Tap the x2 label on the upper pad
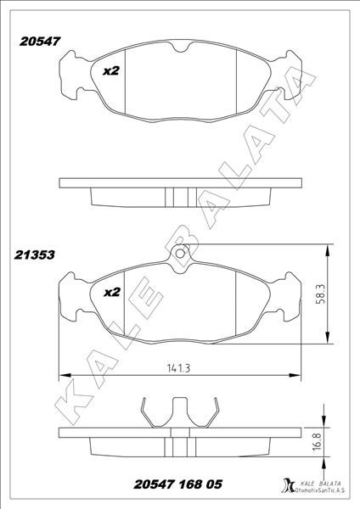pos(110,71)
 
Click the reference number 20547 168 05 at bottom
pos(178,484)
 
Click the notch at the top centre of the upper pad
pos(179,48)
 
